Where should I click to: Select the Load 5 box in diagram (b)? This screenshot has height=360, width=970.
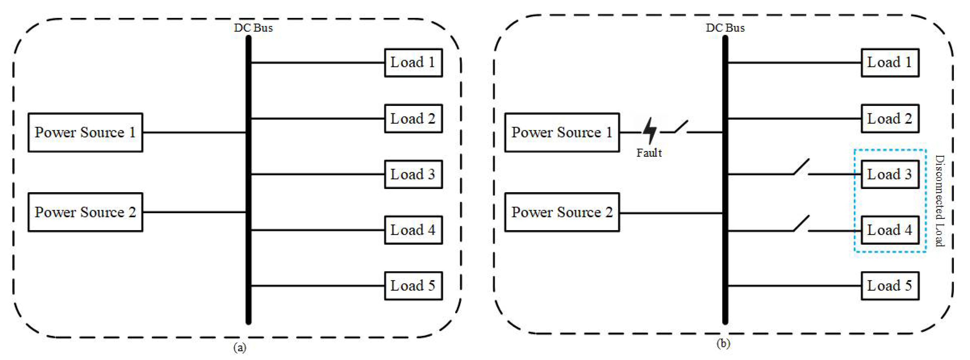tap(890, 286)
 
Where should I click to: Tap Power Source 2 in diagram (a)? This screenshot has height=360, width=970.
tap(86, 212)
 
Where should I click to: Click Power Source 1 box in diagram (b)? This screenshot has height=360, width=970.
tap(562, 133)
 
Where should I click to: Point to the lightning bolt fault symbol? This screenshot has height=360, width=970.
tap(649, 131)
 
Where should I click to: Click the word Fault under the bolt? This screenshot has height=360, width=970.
tap(649, 153)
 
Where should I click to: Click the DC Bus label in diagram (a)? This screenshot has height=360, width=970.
tap(253, 28)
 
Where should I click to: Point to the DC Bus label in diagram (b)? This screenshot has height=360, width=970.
tap(725, 28)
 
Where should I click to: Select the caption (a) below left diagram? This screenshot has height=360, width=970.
tap(240, 347)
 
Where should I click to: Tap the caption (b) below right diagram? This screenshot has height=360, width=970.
tap(723, 343)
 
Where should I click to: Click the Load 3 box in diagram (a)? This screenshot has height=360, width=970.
tap(413, 174)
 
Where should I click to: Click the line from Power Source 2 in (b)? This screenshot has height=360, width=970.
tap(670, 213)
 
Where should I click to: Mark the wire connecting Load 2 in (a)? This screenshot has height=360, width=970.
tap(316, 119)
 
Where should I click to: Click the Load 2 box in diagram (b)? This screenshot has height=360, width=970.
tap(890, 119)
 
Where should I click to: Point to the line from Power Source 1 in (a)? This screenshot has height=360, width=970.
tap(194, 133)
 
